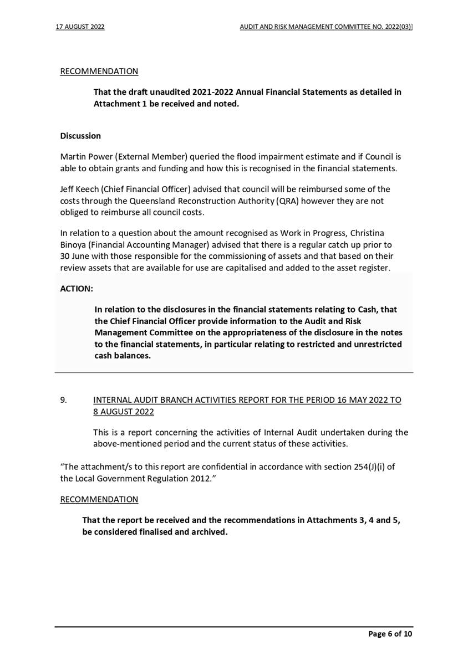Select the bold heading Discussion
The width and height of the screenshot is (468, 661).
[x=80, y=136]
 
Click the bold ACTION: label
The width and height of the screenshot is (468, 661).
[x=77, y=289]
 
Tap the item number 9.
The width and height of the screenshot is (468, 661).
[x=63, y=399]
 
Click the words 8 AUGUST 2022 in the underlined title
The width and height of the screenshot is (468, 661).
[x=124, y=412]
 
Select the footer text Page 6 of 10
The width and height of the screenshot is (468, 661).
[x=390, y=634]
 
